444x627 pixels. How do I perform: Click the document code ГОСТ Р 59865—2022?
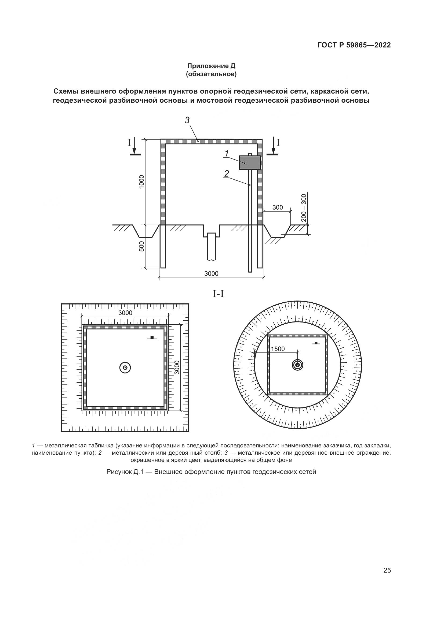[354, 45]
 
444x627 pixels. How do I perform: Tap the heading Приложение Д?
[211, 66]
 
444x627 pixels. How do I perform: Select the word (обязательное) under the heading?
[211, 74]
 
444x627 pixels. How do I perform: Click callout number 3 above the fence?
[187, 120]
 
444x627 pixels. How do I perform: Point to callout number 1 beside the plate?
[227, 154]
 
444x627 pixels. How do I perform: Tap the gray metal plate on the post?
[250, 163]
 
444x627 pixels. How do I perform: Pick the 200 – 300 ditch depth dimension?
[304, 208]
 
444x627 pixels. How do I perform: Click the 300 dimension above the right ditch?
[278, 207]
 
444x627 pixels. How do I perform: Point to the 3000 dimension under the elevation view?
[211, 274]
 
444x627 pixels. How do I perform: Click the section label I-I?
[218, 294]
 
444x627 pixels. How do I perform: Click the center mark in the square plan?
[125, 368]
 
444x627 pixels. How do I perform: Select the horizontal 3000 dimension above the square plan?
[125, 313]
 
